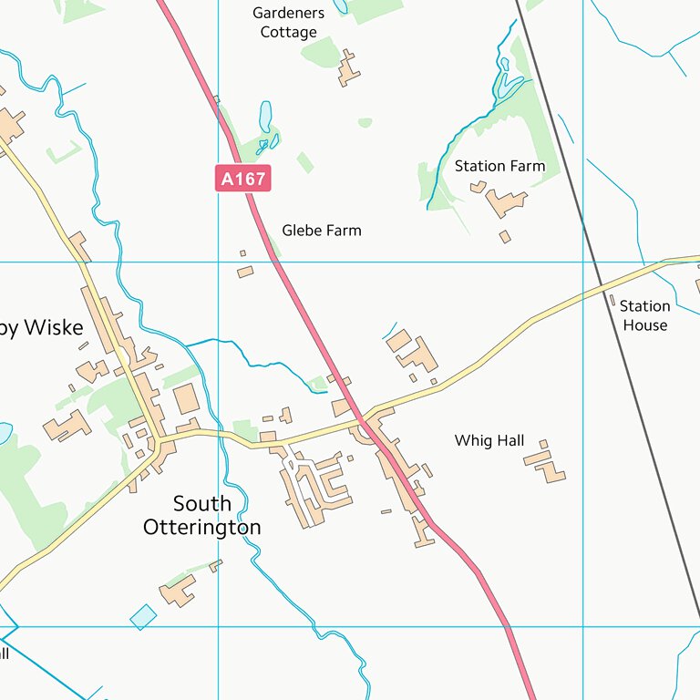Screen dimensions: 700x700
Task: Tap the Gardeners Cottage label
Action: pyautogui.click(x=288, y=23)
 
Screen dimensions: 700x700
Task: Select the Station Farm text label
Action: pyautogui.click(x=499, y=166)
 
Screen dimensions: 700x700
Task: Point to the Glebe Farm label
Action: pyautogui.click(x=321, y=231)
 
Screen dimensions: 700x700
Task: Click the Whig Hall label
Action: pyautogui.click(x=489, y=441)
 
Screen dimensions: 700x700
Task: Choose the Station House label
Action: pyautogui.click(x=644, y=315)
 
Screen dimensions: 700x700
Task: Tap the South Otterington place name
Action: pyautogui.click(x=201, y=515)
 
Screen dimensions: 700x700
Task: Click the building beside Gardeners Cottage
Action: pyautogui.click(x=347, y=68)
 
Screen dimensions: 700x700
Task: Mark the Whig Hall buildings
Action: pyautogui.click(x=547, y=464)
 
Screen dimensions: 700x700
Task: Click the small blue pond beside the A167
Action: pyautogui.click(x=265, y=117)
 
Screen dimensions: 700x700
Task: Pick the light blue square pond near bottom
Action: pyautogui.click(x=143, y=617)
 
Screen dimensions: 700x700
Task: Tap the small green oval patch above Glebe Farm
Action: pyautogui.click(x=365, y=122)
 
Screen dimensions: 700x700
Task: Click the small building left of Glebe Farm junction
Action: pyautogui.click(x=245, y=272)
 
